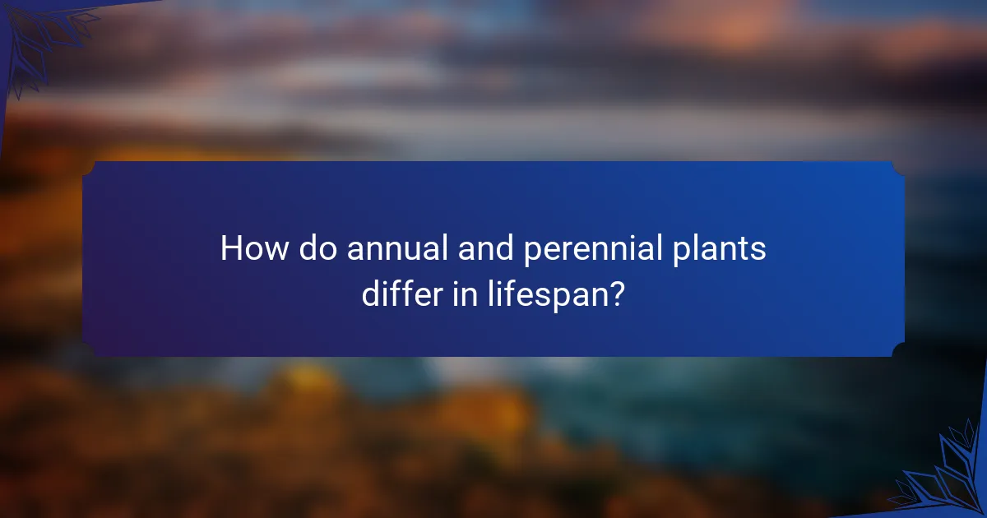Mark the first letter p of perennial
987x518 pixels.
(533, 253)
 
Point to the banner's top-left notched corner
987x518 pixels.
(89, 168)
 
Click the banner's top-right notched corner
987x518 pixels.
(898, 168)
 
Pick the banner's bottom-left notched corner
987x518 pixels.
(89, 350)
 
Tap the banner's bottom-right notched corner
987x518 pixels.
(898, 350)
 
